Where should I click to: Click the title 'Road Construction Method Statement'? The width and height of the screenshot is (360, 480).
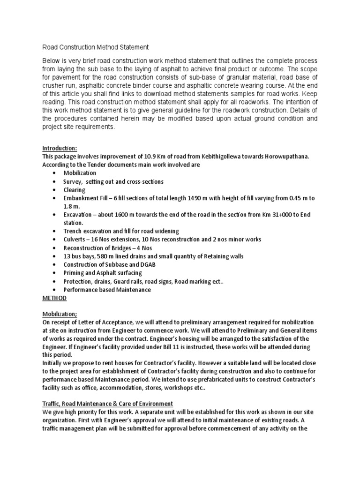pos(96,47)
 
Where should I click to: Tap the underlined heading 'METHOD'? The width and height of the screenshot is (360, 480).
pos(54,298)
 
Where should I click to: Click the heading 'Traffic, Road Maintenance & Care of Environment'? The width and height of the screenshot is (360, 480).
pos(107,404)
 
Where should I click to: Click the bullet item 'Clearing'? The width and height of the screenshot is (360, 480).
pos(75,190)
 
